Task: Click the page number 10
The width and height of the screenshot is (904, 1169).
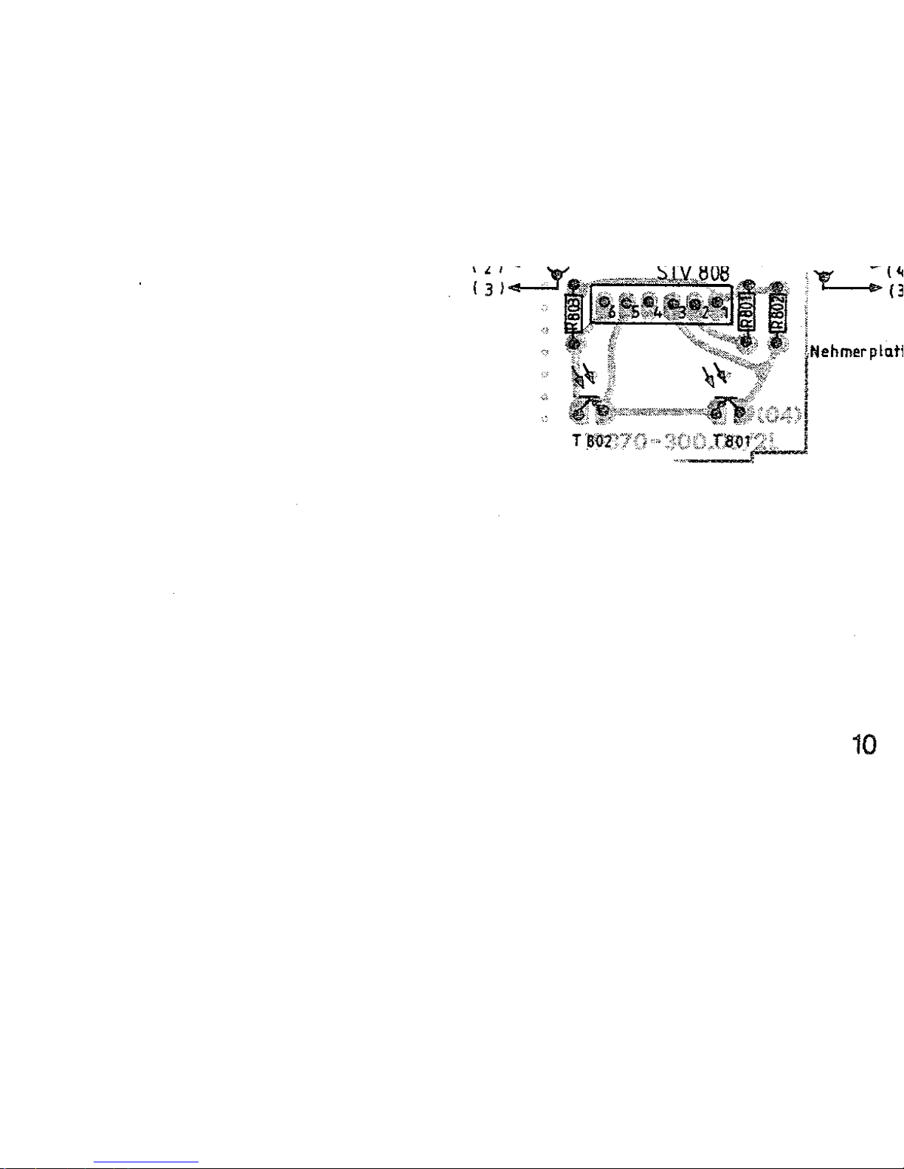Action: tap(864, 746)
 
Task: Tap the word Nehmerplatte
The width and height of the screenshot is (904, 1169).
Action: tap(856, 352)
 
